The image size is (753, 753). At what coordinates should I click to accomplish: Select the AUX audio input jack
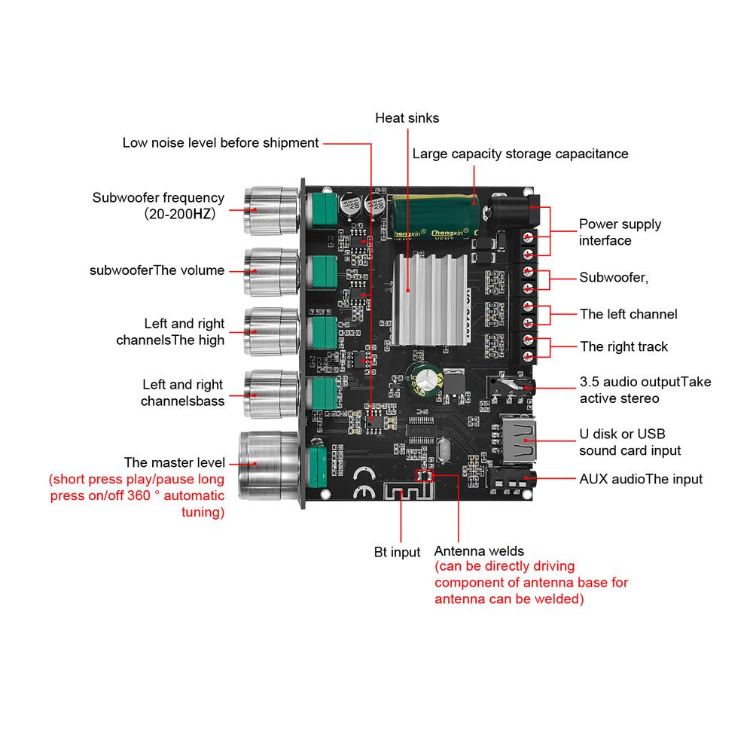pyautogui.click(x=512, y=480)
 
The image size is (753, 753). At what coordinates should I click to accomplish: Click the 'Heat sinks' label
pyautogui.click(x=407, y=118)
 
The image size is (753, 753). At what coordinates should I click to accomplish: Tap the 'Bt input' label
pyautogui.click(x=397, y=553)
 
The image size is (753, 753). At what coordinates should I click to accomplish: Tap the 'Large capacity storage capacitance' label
pyautogui.click(x=520, y=154)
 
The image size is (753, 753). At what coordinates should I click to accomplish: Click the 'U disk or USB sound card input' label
pyautogui.click(x=630, y=442)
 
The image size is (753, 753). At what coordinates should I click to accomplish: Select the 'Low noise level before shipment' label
pyautogui.click(x=221, y=143)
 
